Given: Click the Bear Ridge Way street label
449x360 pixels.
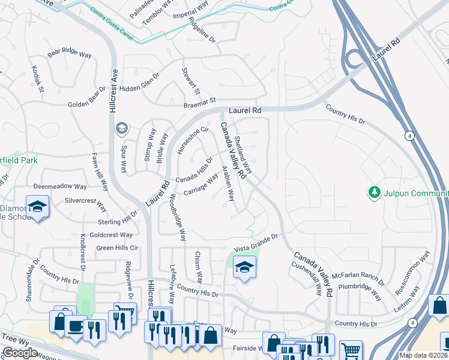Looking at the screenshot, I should [70, 53].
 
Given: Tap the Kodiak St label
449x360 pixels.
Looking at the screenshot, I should [38, 79].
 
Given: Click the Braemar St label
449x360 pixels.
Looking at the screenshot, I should [199, 104].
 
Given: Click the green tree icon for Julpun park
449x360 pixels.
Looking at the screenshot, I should [375, 192].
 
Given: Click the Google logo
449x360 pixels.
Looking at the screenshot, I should [20, 353].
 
